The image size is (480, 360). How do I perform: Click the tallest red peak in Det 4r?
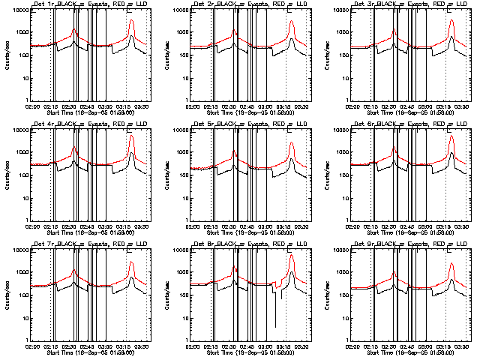pyautogui.click(x=132, y=136)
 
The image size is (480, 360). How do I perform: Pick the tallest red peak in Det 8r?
pyautogui.click(x=292, y=256)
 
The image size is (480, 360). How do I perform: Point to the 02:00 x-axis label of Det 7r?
pyautogui.click(x=32, y=346)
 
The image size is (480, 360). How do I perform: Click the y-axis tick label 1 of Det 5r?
pyautogui.click(x=185, y=220)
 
